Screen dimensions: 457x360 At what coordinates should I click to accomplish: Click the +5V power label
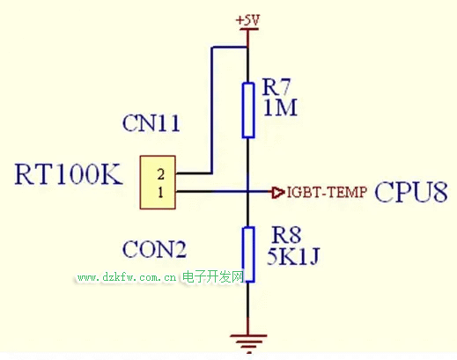pos(247,20)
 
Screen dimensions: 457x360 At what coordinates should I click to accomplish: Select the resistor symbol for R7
pos(248,110)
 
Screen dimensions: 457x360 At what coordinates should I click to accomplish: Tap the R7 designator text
pos(276,87)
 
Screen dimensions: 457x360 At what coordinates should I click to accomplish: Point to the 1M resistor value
pos(280,107)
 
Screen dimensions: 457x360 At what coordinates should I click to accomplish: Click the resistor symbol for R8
pos(248,254)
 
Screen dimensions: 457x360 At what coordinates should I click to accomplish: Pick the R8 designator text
pos(286,235)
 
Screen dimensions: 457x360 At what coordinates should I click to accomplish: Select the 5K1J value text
pos(293,256)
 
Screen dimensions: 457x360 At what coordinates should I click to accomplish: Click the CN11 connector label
pos(151,123)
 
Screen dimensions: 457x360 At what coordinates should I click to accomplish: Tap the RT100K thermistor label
pos(69,174)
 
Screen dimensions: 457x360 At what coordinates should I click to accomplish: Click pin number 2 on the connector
pos(161,174)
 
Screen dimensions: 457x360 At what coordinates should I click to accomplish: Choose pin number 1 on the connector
pos(160,193)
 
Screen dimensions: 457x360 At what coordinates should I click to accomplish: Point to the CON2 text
pos(154,249)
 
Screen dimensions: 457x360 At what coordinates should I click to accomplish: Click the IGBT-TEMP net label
pos(327,192)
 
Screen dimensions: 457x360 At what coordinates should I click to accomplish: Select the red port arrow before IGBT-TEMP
pos(277,193)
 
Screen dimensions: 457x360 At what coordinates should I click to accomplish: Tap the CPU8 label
pos(411,192)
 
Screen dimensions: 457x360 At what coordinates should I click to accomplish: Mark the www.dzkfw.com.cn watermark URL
pos(127,277)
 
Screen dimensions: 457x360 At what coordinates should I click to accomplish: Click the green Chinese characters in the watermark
pos(213,276)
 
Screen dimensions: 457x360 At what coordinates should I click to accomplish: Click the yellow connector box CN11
pos(158,182)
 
